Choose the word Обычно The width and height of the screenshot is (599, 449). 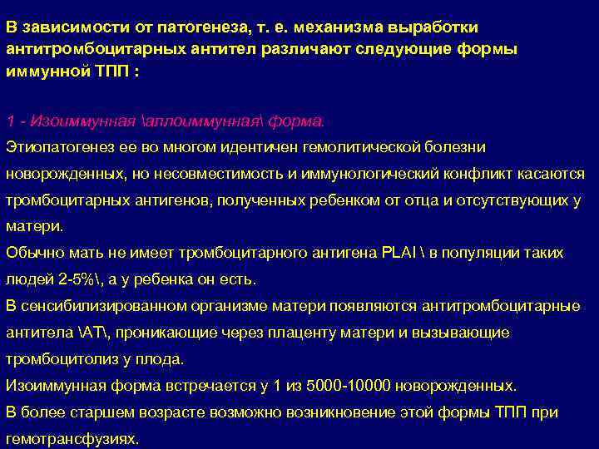(30, 253)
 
